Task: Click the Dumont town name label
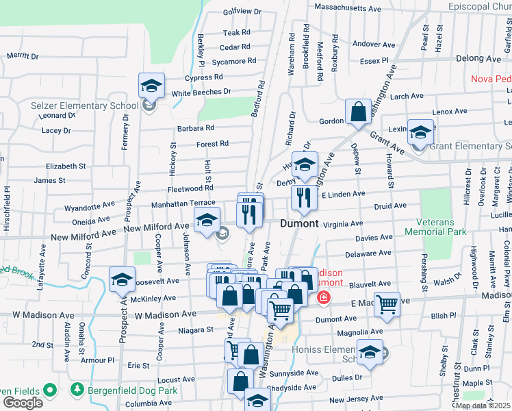tap(299, 223)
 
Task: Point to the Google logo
tap(23, 403)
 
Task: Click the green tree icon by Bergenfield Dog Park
tap(77, 390)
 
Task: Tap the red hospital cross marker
tap(323, 298)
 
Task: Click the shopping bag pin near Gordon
tap(358, 111)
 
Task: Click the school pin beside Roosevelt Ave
tap(122, 279)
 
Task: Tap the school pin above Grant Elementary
tap(421, 131)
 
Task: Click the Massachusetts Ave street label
tap(347, 8)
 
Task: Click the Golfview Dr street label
tap(243, 12)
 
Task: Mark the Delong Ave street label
tap(478, 59)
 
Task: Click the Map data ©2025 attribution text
tap(483, 406)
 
